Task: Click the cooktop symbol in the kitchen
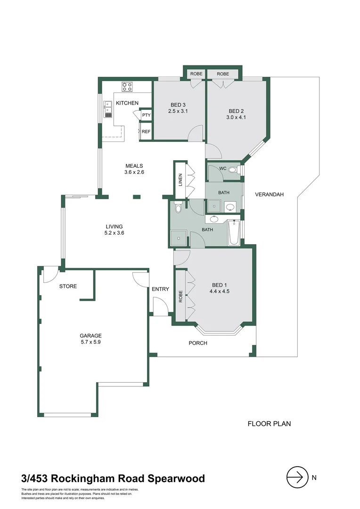click(127, 86)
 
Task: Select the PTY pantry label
click(146, 115)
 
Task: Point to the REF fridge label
click(146, 132)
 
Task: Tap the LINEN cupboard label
click(180, 180)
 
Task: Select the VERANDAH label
click(269, 194)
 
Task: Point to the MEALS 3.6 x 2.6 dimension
click(134, 172)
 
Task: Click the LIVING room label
click(114, 227)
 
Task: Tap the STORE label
click(68, 287)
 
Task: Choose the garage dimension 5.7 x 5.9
click(90, 343)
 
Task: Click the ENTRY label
click(160, 289)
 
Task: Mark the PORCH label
click(198, 343)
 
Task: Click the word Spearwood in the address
click(177, 479)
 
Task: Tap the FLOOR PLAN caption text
click(269, 424)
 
